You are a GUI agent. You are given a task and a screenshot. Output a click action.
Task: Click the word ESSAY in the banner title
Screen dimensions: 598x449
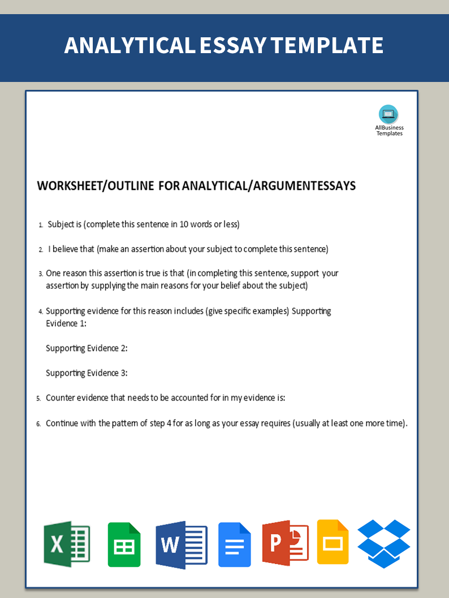tap(232, 45)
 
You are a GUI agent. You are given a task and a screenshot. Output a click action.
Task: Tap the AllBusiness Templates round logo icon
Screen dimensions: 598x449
tap(388, 114)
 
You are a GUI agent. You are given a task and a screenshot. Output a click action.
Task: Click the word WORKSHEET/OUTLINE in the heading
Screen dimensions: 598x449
tap(95, 186)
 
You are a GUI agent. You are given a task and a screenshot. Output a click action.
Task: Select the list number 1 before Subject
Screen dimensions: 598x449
tap(41, 225)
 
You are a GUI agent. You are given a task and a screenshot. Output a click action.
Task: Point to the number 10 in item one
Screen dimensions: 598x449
tap(184, 224)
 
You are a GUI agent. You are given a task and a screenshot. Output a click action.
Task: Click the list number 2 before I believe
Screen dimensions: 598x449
tap(41, 249)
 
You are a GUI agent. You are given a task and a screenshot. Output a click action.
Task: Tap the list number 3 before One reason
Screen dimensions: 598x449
tap(41, 274)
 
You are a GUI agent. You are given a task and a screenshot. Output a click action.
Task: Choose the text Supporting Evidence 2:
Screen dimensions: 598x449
tap(87, 348)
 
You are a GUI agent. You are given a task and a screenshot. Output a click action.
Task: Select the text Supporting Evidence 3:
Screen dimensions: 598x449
tap(87, 373)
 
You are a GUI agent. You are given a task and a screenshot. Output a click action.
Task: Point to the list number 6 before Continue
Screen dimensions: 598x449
tap(38, 424)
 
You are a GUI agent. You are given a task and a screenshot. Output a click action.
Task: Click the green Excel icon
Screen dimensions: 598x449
tap(67, 544)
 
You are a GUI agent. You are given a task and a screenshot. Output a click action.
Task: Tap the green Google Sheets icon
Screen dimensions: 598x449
tap(124, 544)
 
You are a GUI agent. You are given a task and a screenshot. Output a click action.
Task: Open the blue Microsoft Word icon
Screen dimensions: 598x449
tap(181, 544)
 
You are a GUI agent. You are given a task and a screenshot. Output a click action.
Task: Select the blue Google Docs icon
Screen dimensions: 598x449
tap(234, 544)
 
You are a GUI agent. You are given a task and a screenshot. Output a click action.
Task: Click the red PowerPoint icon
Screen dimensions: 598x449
tap(285, 543)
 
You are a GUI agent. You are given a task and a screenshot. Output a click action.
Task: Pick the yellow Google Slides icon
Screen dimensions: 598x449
tap(333, 542)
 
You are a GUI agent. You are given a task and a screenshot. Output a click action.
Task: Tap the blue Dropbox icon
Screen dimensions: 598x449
tap(384, 543)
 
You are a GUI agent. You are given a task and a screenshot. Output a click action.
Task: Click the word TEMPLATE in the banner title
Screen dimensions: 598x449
tap(331, 45)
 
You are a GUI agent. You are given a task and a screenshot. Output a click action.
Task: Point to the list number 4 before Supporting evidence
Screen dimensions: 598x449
tap(41, 311)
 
